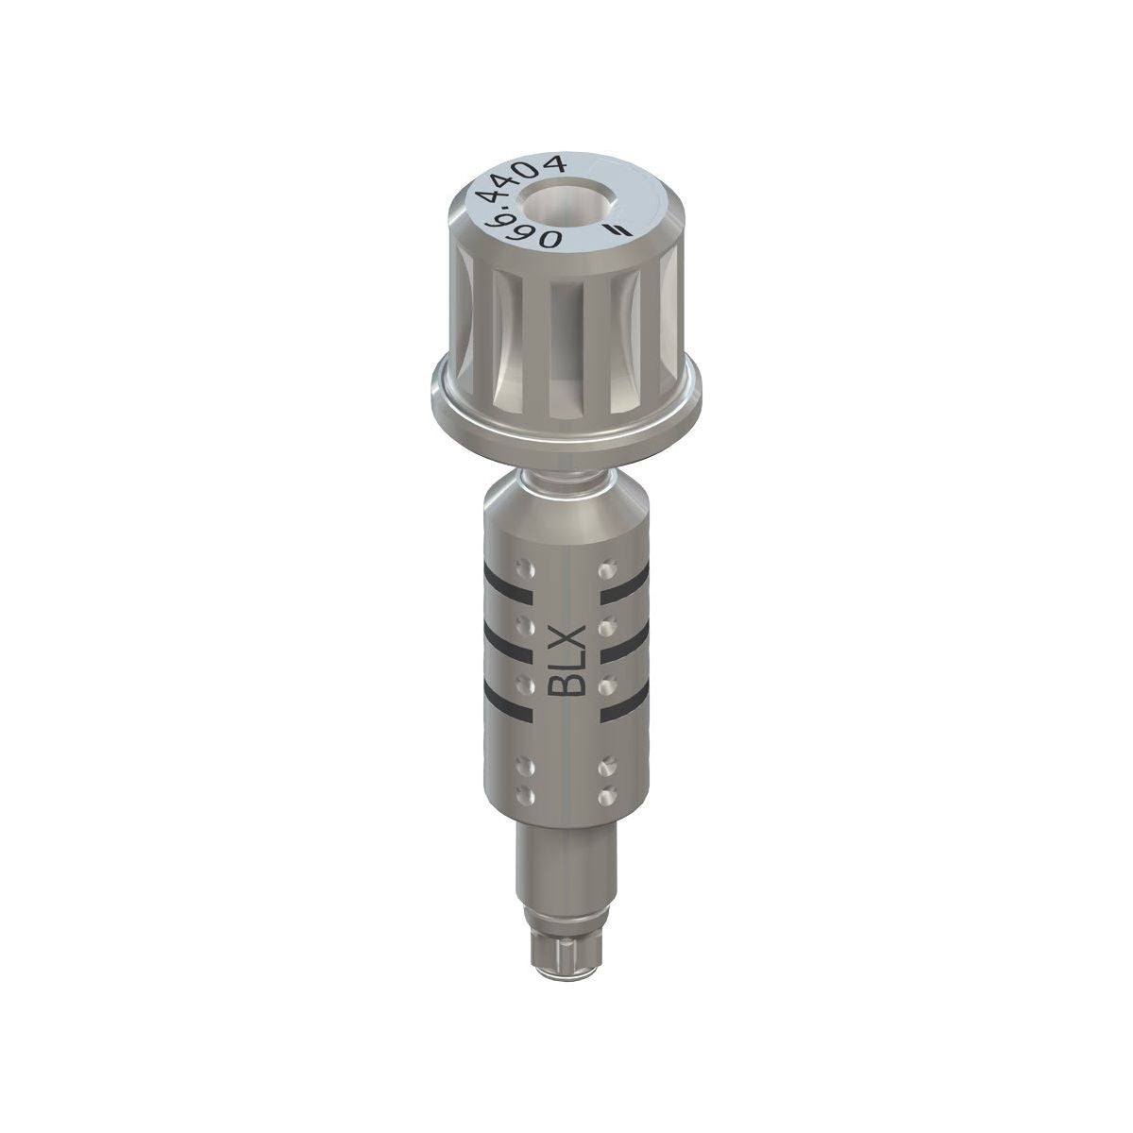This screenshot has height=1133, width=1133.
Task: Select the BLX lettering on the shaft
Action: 566,662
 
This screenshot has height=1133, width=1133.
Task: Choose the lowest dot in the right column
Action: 605,797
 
